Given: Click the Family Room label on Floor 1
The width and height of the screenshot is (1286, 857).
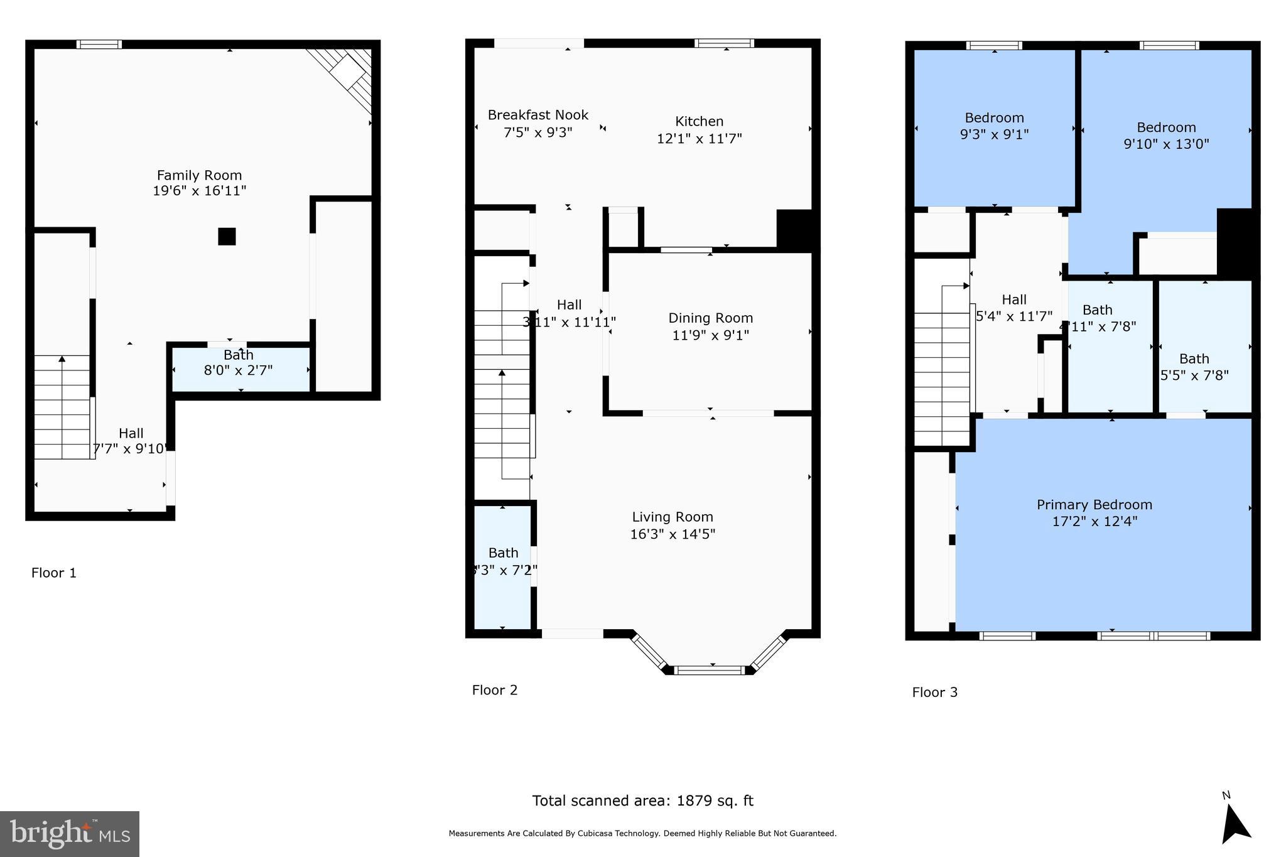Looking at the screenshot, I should click(199, 176).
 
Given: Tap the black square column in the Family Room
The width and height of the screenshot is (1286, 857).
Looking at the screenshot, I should click(227, 237).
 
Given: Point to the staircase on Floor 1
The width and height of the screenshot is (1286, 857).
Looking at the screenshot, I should click(62, 406).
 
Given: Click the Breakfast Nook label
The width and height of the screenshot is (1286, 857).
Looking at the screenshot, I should click(538, 116).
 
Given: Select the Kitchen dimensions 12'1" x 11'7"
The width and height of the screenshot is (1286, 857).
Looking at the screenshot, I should click(699, 139).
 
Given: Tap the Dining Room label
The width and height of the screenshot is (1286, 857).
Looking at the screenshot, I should click(710, 318).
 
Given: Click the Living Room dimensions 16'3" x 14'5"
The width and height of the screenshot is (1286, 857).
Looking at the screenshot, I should click(673, 534).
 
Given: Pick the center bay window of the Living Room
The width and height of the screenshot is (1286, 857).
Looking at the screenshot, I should click(712, 670).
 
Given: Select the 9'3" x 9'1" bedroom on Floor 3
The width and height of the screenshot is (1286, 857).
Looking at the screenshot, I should click(994, 126).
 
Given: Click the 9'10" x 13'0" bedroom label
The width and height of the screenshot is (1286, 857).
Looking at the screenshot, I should click(1166, 127).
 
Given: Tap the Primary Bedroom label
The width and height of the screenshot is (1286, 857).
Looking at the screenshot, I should click(1094, 505).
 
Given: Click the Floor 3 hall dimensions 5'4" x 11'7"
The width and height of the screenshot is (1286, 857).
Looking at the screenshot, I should click(1014, 317).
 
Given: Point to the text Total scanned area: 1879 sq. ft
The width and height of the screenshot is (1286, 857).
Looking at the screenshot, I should click(642, 800).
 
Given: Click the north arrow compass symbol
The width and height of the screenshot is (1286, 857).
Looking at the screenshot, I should click(1235, 823).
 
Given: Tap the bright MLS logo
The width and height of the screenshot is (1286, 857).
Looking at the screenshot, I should click(70, 834).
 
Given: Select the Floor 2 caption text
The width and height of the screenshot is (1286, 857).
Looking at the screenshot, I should click(495, 690).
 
